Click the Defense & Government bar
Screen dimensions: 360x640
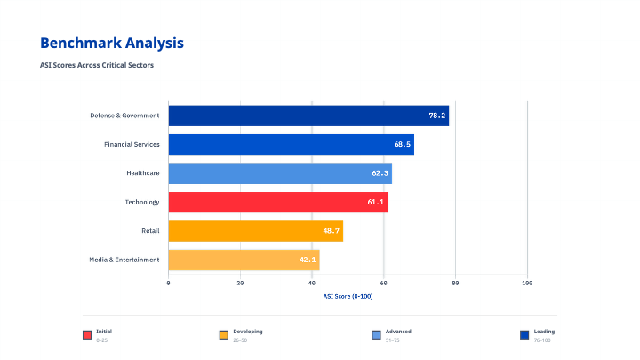[x=308, y=116]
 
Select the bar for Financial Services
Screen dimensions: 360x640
[x=291, y=144]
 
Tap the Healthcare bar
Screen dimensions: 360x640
[x=280, y=173]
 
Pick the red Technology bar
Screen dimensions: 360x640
[x=277, y=203]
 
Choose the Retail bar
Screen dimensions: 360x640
[x=255, y=231]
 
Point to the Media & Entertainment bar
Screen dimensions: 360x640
[x=244, y=260]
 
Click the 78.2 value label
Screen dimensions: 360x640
[x=437, y=116]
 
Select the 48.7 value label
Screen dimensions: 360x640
[x=331, y=231]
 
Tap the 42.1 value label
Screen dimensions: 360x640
[x=308, y=260]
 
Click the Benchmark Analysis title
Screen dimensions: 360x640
[x=112, y=43]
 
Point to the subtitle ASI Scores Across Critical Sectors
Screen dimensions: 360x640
[x=103, y=64]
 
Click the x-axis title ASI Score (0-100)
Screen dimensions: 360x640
[x=348, y=296]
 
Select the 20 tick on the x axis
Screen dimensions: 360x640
[x=240, y=283]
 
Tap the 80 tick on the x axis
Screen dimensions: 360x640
[x=455, y=283]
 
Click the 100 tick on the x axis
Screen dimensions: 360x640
[x=527, y=283]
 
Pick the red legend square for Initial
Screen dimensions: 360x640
[x=87, y=335]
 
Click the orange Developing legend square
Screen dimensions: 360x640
[x=224, y=335]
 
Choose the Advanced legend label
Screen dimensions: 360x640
[x=399, y=331]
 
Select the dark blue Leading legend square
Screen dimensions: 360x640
[x=524, y=335]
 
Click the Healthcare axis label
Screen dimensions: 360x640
[x=142, y=173]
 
